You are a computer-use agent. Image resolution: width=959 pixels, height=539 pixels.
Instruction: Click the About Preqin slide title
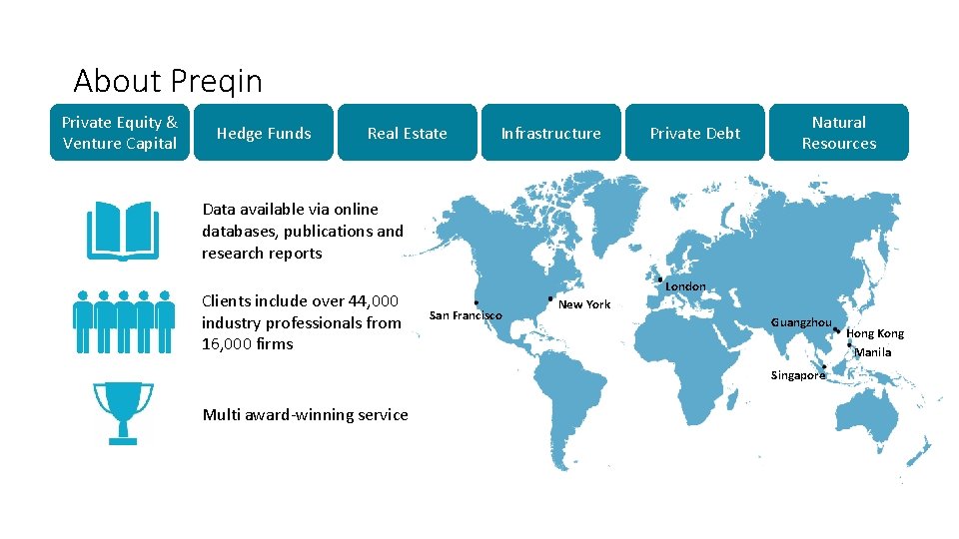(x=168, y=80)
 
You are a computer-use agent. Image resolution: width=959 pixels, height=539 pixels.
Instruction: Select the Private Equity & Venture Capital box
(x=120, y=133)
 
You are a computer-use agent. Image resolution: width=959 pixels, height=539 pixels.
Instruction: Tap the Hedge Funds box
(x=264, y=133)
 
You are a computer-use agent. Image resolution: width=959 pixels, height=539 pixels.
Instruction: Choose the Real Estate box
(x=407, y=133)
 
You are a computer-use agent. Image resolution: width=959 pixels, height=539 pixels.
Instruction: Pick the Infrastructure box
(x=550, y=133)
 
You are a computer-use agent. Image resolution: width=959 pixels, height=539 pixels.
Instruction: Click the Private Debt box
(x=695, y=133)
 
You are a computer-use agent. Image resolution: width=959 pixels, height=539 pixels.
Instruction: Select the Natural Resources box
(x=839, y=133)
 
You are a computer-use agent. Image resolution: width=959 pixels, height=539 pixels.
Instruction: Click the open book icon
(x=122, y=231)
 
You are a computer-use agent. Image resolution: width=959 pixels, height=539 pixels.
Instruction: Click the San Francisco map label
(x=466, y=315)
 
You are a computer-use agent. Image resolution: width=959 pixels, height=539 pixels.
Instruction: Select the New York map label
(x=584, y=304)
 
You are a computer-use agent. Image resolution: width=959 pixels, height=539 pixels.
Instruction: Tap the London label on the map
(x=685, y=286)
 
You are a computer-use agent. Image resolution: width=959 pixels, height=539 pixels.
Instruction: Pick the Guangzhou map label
(x=801, y=322)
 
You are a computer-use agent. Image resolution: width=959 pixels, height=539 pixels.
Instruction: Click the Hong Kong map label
(x=875, y=333)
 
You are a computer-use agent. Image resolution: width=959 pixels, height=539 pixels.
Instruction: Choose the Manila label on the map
(x=872, y=352)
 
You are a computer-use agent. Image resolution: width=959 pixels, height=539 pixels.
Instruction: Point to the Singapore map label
(x=798, y=375)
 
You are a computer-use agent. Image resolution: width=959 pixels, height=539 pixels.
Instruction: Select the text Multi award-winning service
(x=305, y=415)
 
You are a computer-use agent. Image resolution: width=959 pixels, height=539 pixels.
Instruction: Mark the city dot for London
(x=660, y=278)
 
